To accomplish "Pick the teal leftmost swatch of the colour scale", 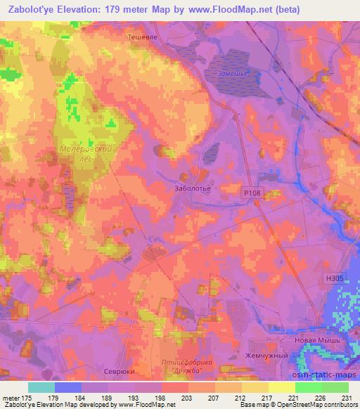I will pos(41,387).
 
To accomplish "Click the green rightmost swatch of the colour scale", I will pos(335,387).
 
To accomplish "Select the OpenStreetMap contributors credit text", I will pos(319,405).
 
